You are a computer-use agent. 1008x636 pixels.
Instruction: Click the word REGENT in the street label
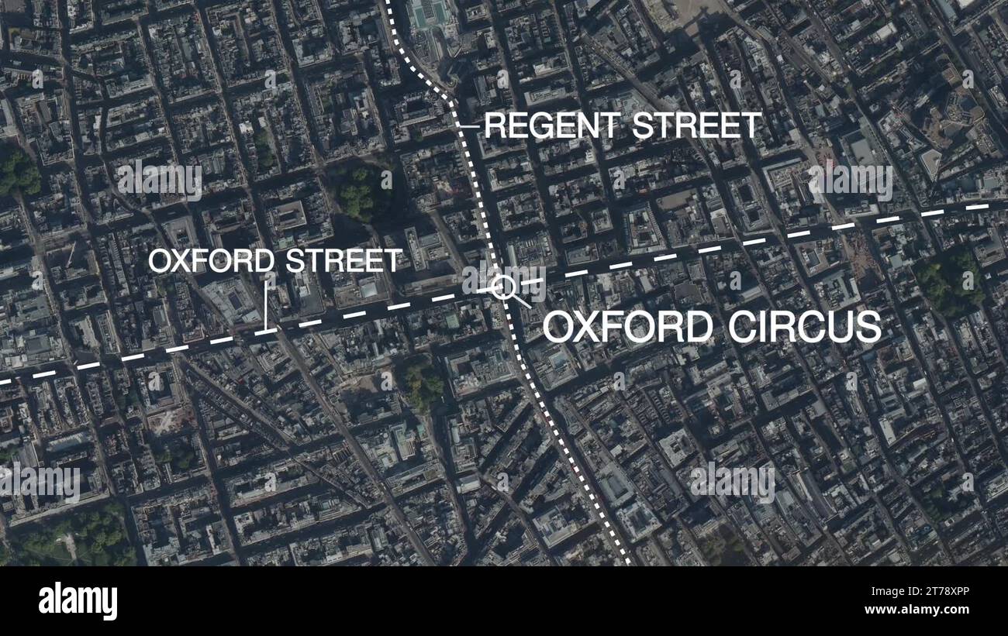pos(551,125)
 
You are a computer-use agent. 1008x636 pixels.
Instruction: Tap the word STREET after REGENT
pos(696,125)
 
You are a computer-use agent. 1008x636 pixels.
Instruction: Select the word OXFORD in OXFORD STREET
pos(211,261)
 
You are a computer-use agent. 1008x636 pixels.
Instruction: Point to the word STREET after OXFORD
pos(343,261)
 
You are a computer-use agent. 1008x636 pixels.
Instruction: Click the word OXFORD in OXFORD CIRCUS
pos(627,327)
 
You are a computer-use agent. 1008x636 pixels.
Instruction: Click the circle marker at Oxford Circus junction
pos(503,287)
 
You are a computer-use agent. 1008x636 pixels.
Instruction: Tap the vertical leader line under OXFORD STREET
pos(266,306)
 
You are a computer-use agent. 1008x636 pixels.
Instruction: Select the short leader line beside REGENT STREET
pos(468,125)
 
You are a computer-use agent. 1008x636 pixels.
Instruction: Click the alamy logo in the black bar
pos(78,602)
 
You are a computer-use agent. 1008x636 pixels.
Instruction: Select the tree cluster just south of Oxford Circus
pos(423,383)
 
